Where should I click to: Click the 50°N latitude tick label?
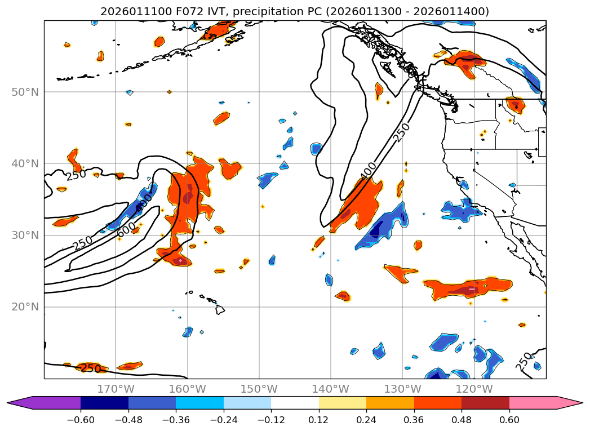(25, 92)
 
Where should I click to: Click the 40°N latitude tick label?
(25, 163)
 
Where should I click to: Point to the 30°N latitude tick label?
(25, 236)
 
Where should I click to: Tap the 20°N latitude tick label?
(25, 307)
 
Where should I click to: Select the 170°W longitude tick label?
(116, 389)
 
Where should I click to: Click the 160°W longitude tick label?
(187, 389)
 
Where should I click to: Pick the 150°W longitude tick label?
(259, 389)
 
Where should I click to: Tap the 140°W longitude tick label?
(330, 389)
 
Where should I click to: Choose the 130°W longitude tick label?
(402, 389)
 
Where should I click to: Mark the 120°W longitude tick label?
(474, 389)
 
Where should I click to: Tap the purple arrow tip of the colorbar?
(15, 403)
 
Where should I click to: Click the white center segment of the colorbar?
(295, 403)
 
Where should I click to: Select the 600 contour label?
(126, 229)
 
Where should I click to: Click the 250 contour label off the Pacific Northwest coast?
(401, 133)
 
